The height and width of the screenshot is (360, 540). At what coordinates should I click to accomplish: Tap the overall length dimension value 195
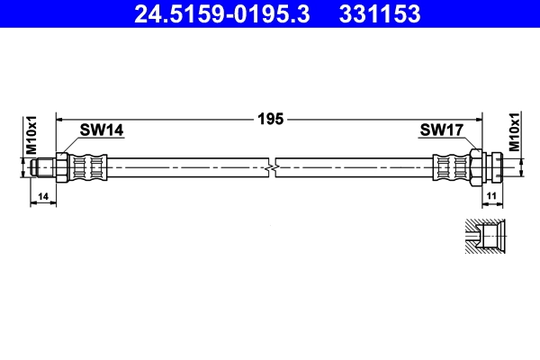270,117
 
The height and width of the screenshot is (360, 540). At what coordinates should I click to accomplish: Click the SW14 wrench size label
101,130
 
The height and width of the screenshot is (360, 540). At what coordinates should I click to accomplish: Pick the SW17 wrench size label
441,130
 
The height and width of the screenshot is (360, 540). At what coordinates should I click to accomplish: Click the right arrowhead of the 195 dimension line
479,117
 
